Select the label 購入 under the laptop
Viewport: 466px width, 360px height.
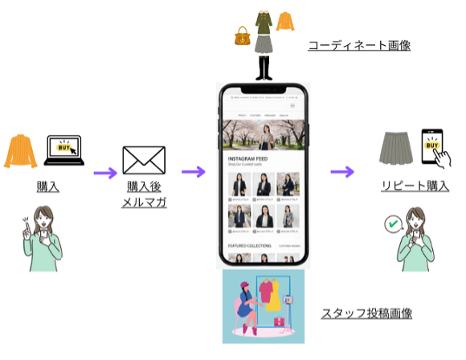pos(47,186)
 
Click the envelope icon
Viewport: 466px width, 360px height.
pos(143,161)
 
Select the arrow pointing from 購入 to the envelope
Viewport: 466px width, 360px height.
pos(104,171)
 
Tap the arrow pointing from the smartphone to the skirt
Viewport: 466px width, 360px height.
pos(342,171)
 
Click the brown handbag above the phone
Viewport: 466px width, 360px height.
pos(242,35)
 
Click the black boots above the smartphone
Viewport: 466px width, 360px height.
pos(264,67)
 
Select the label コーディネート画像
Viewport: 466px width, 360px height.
pos(359,45)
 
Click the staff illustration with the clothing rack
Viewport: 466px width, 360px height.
pos(264,306)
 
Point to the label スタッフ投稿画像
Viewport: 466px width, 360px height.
pos(362,313)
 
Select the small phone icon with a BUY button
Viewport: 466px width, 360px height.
pos(434,147)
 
